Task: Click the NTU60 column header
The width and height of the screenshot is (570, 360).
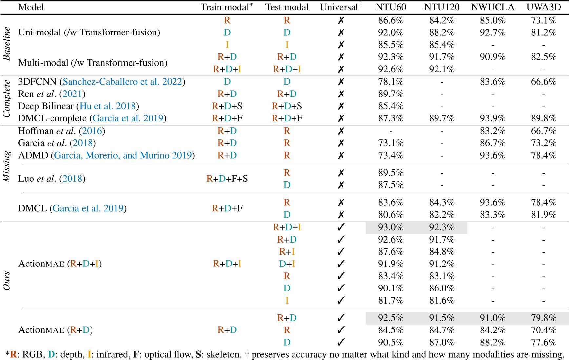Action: [391, 7]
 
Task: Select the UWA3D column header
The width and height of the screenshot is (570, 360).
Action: [543, 7]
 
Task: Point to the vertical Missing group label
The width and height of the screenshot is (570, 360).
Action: [7, 166]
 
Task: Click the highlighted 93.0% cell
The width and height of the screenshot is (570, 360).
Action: [391, 227]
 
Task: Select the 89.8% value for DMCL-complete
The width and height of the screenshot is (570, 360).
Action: [543, 118]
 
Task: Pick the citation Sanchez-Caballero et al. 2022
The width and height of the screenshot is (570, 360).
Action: [122, 82]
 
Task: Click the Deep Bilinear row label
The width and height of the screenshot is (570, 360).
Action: [46, 106]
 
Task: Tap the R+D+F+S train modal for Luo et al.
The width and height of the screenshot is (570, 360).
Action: [227, 179]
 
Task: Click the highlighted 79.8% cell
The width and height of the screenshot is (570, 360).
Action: [543, 318]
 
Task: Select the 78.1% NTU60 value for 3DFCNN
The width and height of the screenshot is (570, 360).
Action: [391, 82]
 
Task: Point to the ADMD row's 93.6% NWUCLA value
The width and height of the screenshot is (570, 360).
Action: [492, 155]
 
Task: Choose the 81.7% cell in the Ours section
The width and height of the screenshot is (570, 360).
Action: [391, 300]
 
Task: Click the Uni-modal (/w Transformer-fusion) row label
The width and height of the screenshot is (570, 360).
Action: [89, 32]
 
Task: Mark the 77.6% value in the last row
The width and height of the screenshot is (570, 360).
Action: [543, 342]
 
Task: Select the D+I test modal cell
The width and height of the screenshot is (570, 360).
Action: [287, 264]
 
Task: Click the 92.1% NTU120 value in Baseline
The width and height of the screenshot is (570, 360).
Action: [441, 69]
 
